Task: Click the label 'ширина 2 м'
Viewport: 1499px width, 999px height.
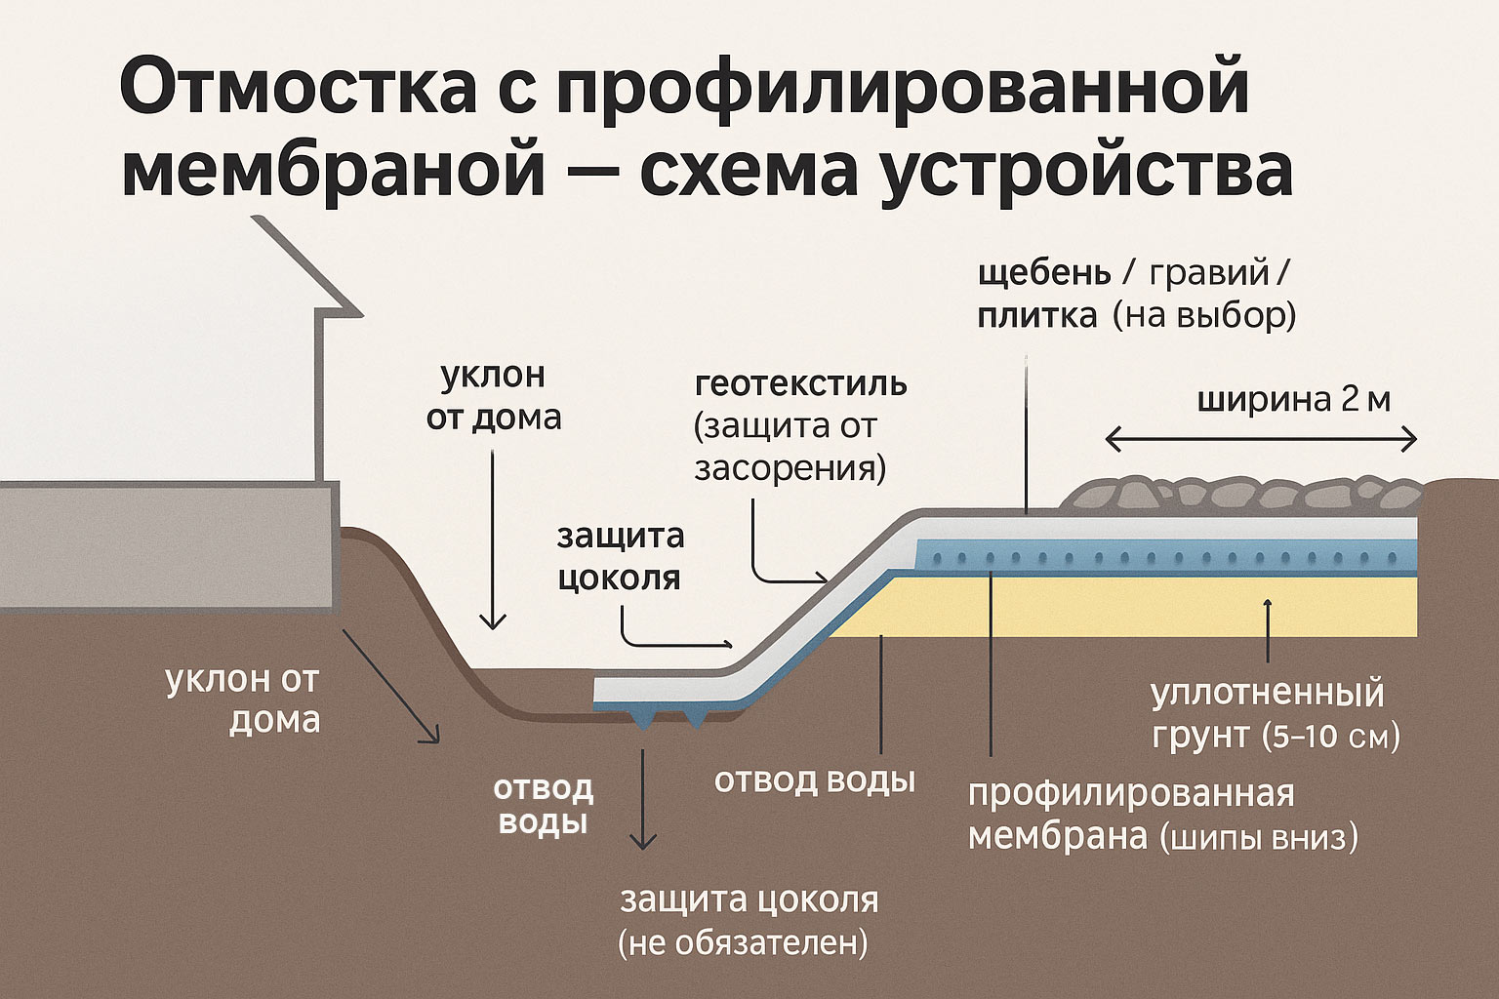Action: click(1293, 401)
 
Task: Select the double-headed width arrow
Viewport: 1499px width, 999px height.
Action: click(1260, 441)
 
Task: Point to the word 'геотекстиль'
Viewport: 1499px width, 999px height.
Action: click(801, 383)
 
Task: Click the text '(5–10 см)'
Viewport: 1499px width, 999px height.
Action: click(1330, 737)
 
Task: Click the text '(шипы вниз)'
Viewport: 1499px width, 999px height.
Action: click(1259, 838)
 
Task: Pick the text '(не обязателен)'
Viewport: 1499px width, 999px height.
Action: click(743, 943)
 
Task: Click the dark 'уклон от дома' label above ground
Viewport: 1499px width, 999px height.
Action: click(494, 396)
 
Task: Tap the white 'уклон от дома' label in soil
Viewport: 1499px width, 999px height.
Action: click(243, 699)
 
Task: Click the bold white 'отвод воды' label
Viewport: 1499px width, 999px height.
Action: click(543, 805)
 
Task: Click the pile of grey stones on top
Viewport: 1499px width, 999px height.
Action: click(1239, 496)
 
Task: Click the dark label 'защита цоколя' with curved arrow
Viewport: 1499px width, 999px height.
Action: click(619, 556)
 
